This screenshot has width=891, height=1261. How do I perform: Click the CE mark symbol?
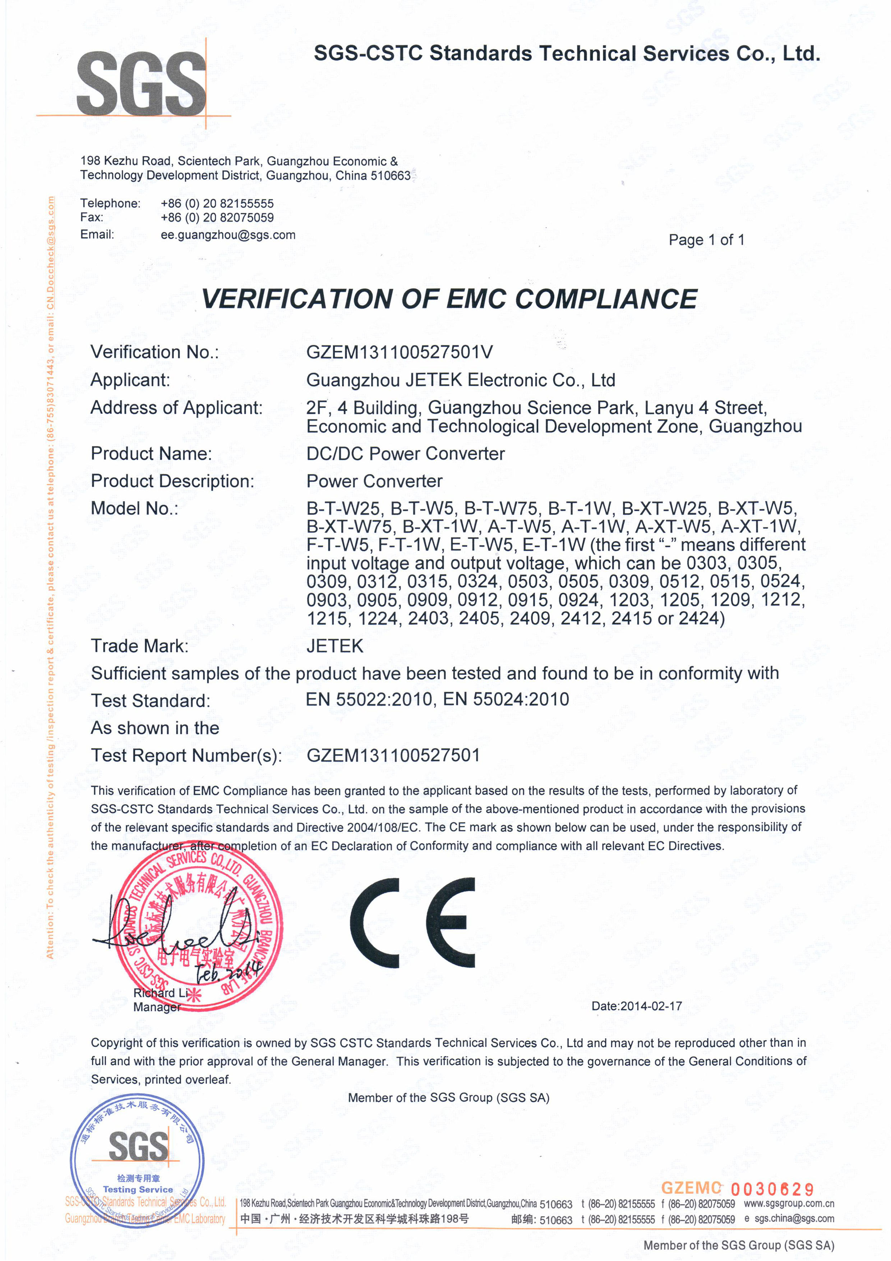click(412, 923)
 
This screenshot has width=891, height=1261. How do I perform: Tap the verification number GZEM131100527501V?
click(399, 352)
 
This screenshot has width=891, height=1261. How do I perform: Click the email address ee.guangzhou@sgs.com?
click(228, 235)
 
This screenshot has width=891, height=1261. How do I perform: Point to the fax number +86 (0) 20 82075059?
click(217, 217)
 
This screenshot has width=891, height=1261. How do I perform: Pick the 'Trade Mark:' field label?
click(139, 646)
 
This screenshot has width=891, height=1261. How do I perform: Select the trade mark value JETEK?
click(335, 646)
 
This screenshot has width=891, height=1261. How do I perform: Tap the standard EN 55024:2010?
click(505, 699)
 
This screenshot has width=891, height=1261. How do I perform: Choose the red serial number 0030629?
click(772, 1189)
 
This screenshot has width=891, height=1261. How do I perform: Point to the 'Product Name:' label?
click(151, 454)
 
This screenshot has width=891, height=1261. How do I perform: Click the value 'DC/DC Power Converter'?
click(405, 454)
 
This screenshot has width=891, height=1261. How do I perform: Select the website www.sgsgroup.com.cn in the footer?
click(788, 1204)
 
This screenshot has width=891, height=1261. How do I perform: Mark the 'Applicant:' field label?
click(130, 380)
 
